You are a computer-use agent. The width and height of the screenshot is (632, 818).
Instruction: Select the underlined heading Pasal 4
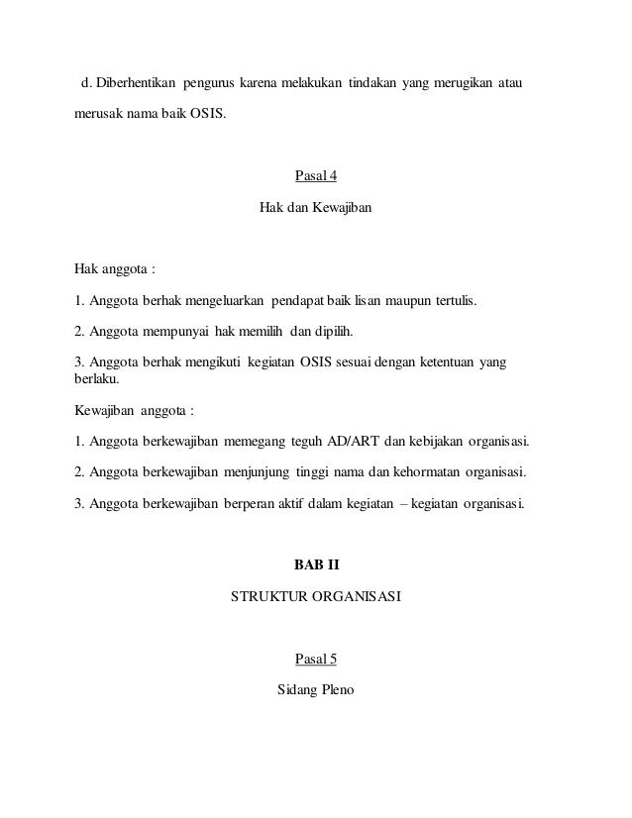tap(316, 177)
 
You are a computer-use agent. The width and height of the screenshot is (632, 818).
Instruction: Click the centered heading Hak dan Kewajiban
tap(315, 210)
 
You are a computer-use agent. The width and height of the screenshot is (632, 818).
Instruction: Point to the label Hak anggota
tap(114, 266)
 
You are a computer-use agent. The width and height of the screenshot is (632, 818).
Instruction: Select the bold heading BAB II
tap(316, 566)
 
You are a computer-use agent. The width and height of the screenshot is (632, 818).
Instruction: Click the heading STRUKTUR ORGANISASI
tap(315, 598)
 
